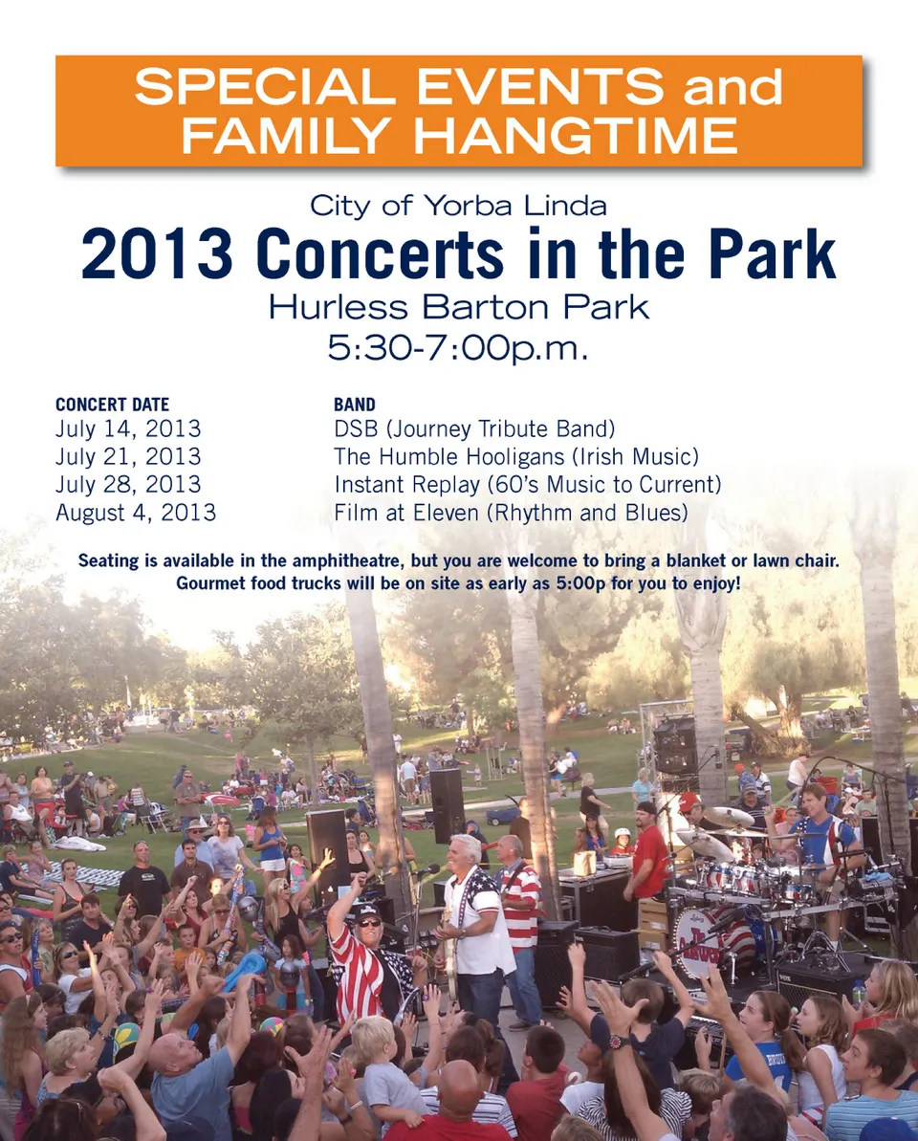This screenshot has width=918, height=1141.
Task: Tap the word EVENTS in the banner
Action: [x=540, y=86]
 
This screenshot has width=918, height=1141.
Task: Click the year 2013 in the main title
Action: [x=157, y=254]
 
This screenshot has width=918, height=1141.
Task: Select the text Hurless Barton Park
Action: [x=458, y=307]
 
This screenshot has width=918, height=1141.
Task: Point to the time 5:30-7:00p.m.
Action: [x=457, y=348]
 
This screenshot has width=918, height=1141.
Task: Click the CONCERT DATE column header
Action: [x=112, y=405]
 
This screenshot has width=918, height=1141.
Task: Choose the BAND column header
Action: [x=354, y=405]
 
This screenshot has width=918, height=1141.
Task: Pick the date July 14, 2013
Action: [x=128, y=428]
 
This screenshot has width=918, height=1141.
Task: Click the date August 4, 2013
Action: [x=135, y=513]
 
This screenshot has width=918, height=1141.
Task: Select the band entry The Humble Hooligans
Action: [x=448, y=457]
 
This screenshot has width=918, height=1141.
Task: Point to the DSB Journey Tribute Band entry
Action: [x=474, y=428]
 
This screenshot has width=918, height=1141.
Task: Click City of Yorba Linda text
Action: [x=458, y=206]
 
